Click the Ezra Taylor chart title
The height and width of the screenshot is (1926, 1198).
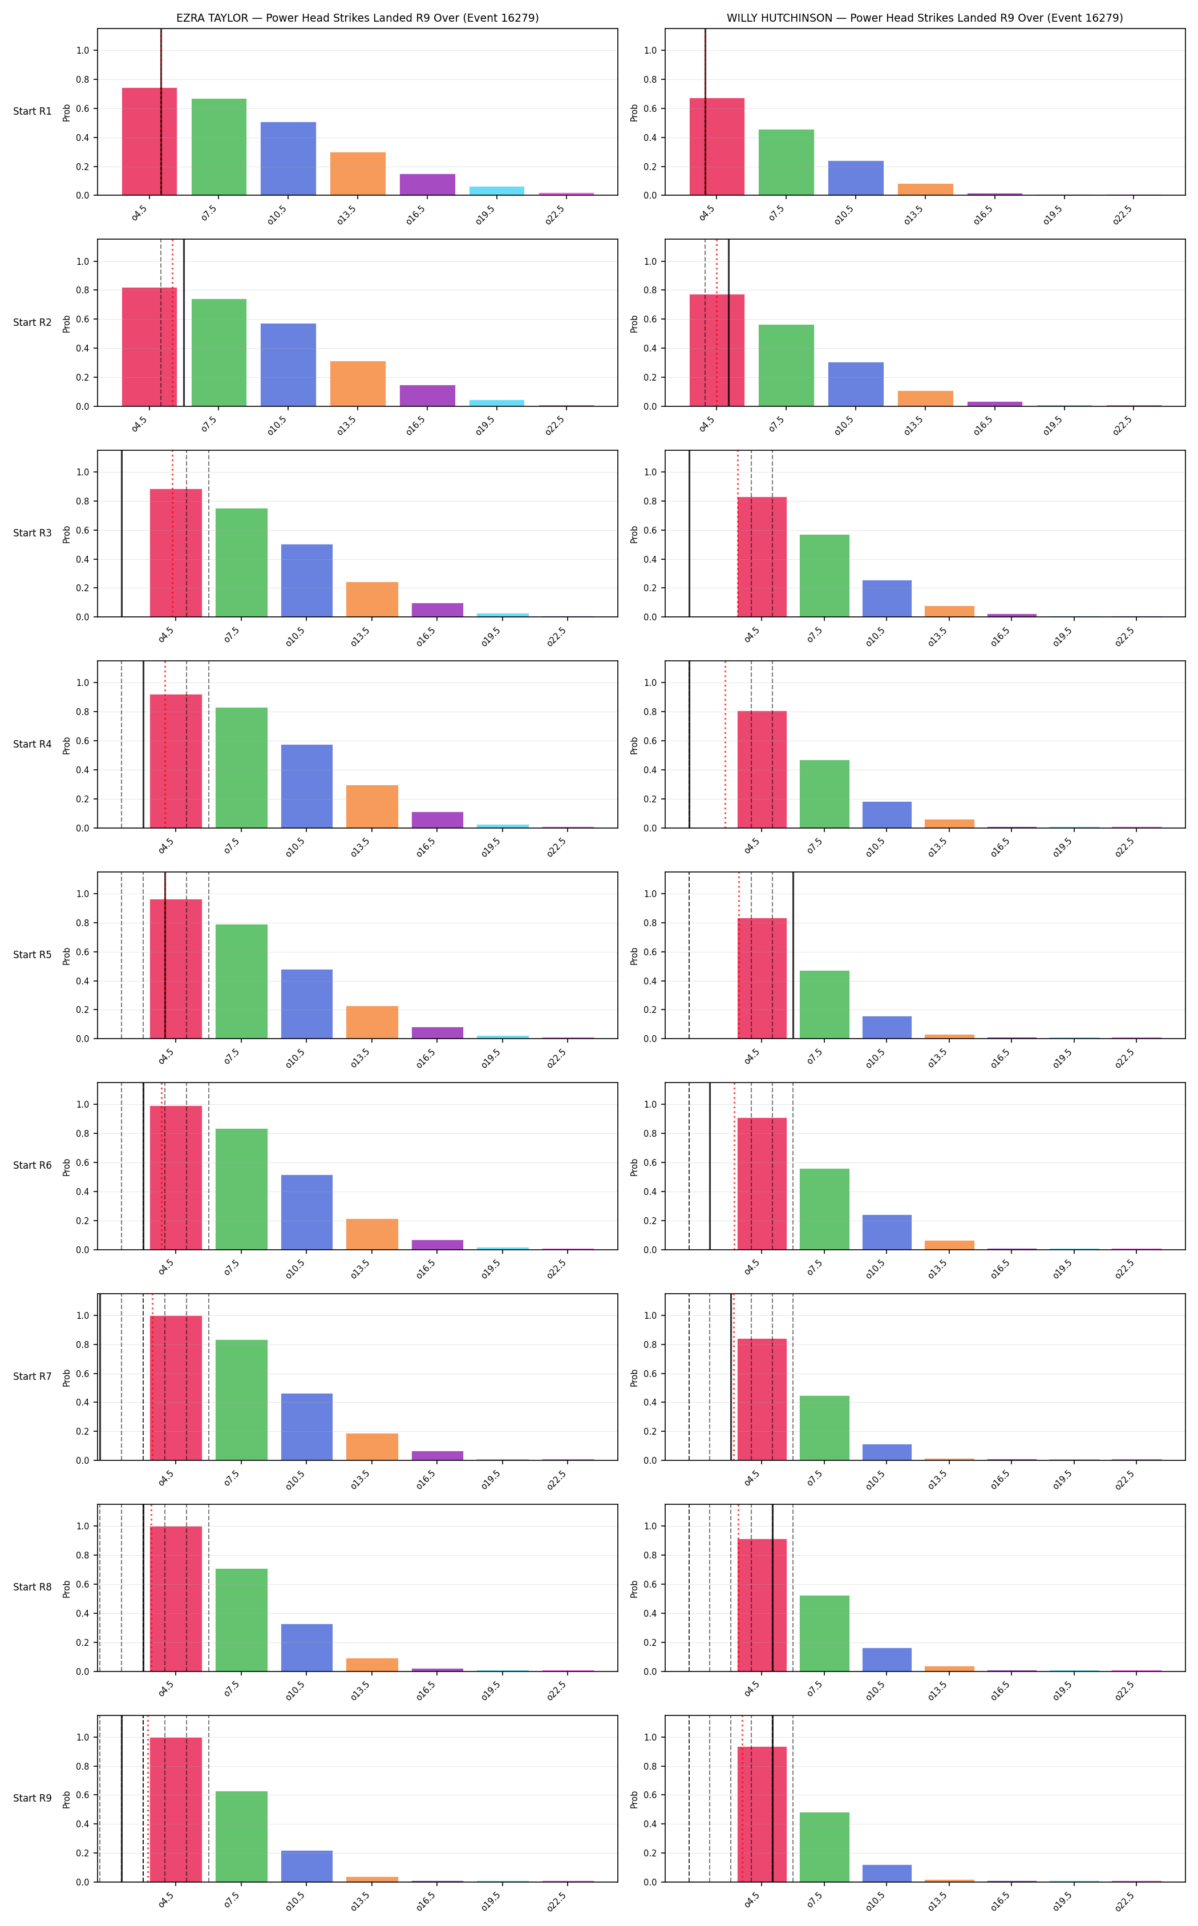pyautogui.click(x=357, y=18)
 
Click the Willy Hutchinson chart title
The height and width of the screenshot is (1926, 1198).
pyautogui.click(x=925, y=18)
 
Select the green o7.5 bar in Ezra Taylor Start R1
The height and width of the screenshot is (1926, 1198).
pyautogui.click(x=218, y=147)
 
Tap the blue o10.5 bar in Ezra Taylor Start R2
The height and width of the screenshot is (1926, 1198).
pyautogui.click(x=289, y=365)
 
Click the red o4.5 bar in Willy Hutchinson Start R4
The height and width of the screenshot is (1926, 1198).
pyautogui.click(x=762, y=770)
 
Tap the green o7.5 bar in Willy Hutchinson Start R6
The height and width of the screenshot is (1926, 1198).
pyautogui.click(x=824, y=1209)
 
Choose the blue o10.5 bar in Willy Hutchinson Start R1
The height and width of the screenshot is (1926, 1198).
pyautogui.click(x=856, y=178)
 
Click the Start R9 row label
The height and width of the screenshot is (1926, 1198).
pyautogui.click(x=33, y=1798)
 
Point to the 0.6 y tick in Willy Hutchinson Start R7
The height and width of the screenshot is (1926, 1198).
pyautogui.click(x=650, y=1374)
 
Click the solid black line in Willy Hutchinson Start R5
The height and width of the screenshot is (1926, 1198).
pyautogui.click(x=793, y=956)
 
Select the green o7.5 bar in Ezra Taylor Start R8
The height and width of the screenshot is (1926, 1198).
pyautogui.click(x=242, y=1620)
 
